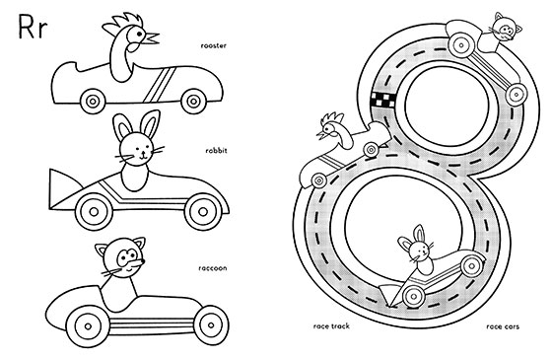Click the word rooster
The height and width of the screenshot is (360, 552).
tap(213, 45)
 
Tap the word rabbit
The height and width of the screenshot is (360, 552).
tap(216, 151)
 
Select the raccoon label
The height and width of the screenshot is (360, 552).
tap(213, 268)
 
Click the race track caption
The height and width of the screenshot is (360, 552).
tap(331, 326)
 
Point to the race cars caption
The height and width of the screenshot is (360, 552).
tap(503, 326)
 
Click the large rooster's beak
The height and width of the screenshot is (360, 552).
tap(152, 38)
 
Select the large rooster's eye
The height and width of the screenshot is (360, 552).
tap(139, 35)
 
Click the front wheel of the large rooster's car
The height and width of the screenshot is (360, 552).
tap(193, 101)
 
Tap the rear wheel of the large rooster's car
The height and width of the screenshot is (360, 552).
tap(93, 102)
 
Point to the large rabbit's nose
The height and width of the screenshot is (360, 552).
tap(143, 153)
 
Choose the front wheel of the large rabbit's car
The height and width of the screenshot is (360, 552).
tap(203, 212)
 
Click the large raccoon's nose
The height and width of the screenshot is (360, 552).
tap(138, 262)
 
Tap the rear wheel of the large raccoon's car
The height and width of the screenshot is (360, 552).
tap(88, 326)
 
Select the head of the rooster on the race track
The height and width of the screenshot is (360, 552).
tap(333, 127)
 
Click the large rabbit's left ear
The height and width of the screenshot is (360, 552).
tap(121, 127)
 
